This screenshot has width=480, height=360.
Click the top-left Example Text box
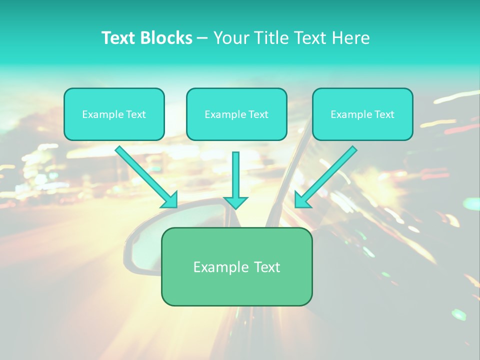[114, 114]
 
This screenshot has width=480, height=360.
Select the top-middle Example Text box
[236, 114]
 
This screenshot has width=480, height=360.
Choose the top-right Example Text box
[362, 114]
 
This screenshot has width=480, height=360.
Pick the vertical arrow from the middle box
[235, 175]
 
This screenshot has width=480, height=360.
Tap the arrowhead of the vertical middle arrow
[235, 202]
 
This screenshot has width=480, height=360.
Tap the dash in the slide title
[202, 38]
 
